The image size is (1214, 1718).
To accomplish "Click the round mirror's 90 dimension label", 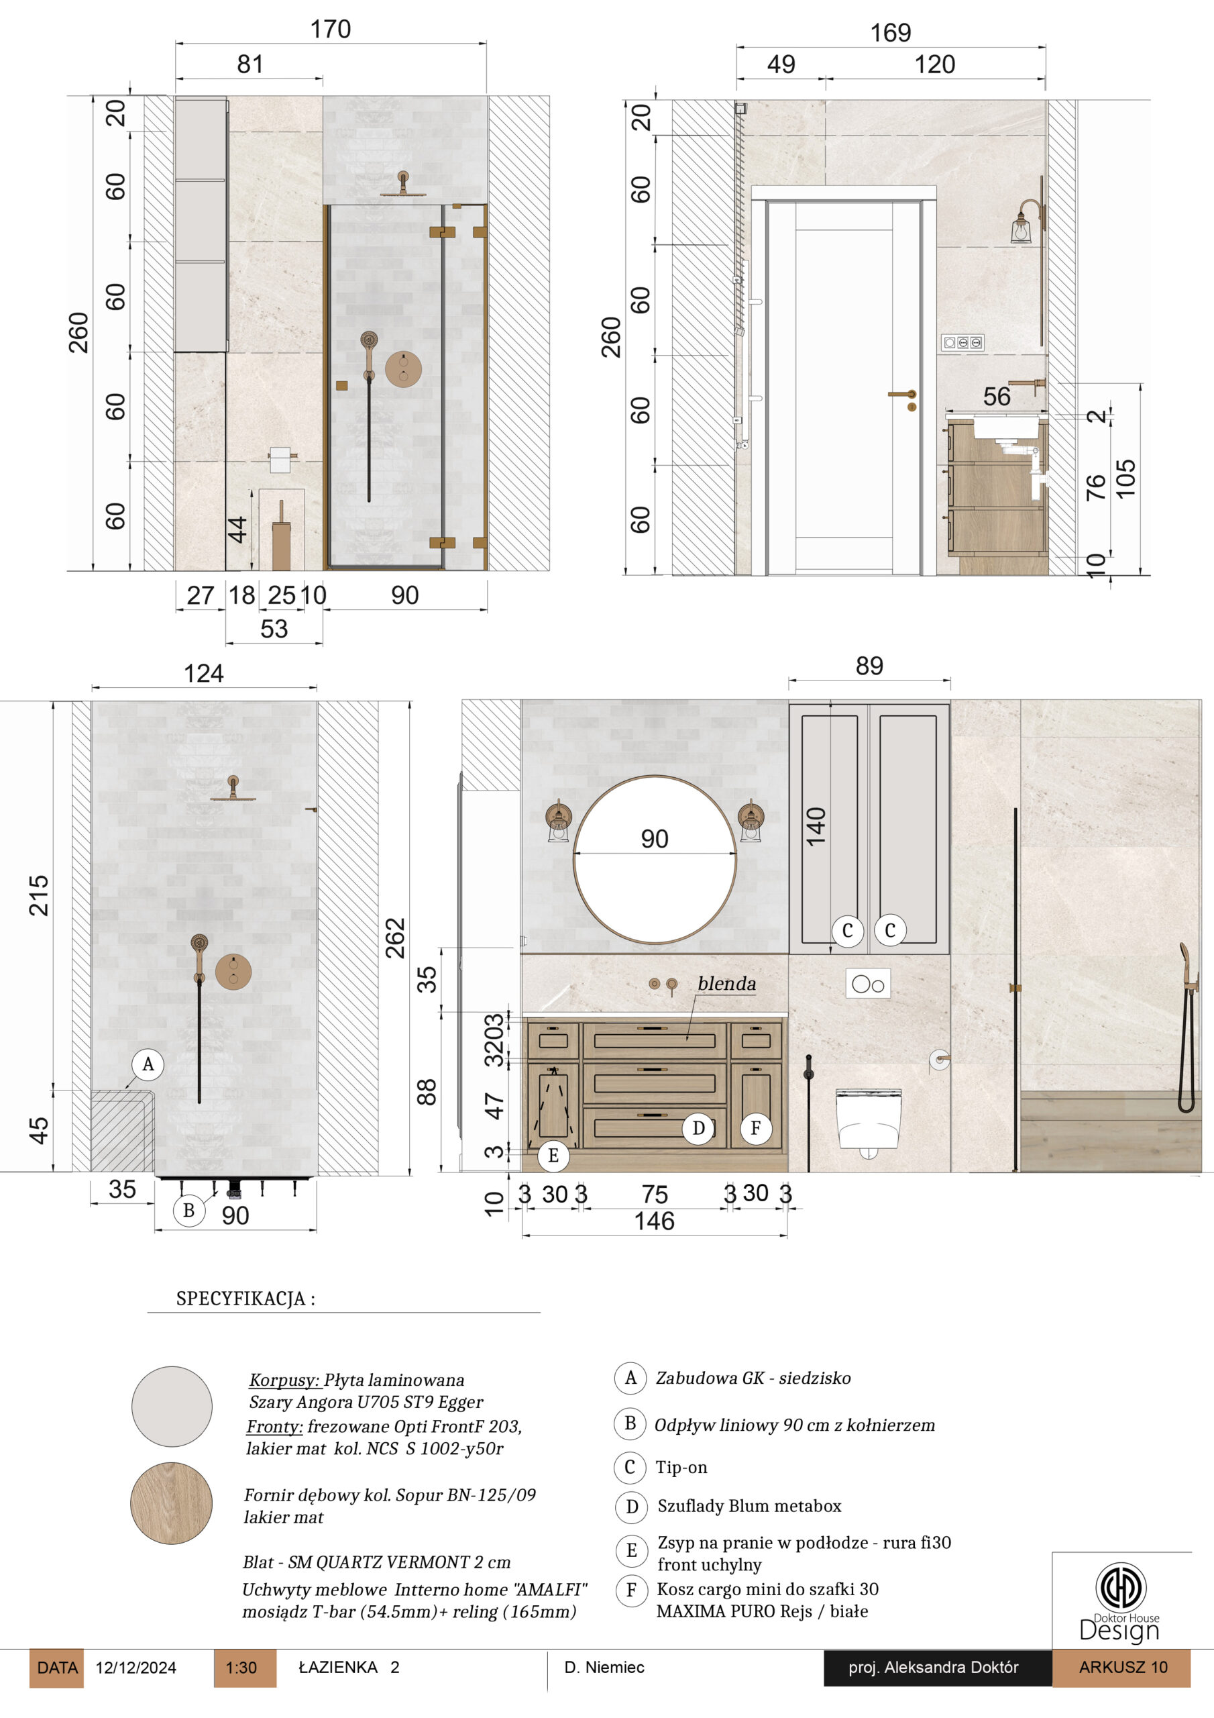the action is pos(655,839).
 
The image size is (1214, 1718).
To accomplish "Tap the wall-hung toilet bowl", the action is pos(868,1120).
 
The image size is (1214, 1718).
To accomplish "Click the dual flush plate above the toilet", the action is pos(868,983).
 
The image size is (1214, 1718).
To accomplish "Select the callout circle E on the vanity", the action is pos(553,1156).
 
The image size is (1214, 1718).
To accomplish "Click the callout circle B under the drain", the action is pos(188,1210).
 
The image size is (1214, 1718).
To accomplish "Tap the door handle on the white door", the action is pos(904,397).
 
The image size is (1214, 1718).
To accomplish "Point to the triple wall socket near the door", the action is pos(962,343).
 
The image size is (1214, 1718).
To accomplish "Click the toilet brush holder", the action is pos(281,536).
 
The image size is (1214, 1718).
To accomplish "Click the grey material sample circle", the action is pos(171,1406).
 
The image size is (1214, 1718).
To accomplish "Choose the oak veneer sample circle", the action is pos(171,1503).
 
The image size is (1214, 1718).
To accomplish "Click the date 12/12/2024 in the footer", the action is pos(136,1668).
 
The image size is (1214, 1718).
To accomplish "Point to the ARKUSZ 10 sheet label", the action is pos(1122,1668).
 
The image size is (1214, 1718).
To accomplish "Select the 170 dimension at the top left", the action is pos(330,29).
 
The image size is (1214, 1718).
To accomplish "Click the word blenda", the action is pos(726,983).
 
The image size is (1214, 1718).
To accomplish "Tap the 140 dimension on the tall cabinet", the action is pos(816,827).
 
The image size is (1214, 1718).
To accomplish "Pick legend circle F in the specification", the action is pos(631,1589).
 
